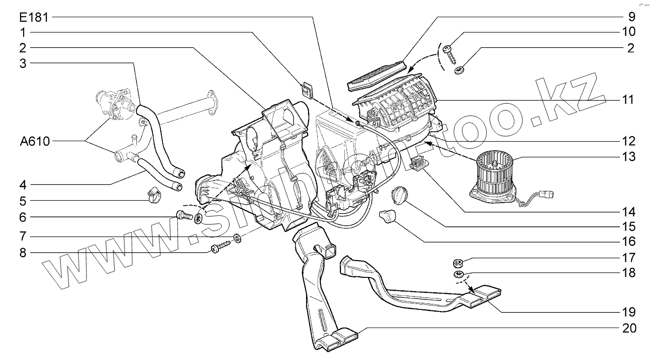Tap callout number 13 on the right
[628, 157]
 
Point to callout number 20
[628, 329]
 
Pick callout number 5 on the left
[23, 201]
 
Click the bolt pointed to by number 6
[184, 215]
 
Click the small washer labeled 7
[239, 239]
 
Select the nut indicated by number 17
[457, 261]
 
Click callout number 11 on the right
[628, 100]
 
